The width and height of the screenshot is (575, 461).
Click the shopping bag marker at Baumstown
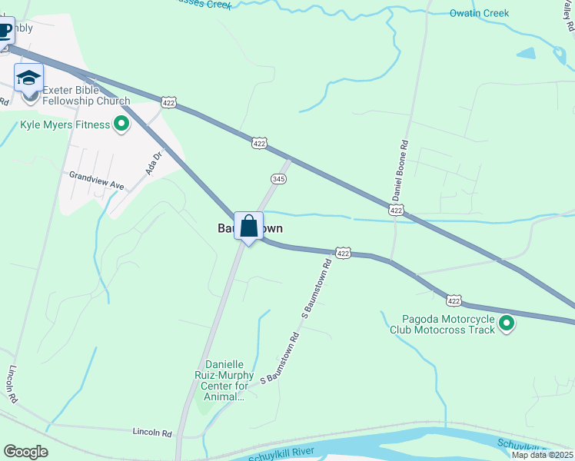[248, 227]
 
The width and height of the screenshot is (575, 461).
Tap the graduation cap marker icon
[28, 78]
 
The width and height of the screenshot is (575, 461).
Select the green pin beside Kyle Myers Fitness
[121, 123]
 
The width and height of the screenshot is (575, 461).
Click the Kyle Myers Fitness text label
[66, 123]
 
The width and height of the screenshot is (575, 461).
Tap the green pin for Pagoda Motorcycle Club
[507, 323]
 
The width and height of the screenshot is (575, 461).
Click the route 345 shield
[279, 178]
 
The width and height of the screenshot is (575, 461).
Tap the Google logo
[25, 452]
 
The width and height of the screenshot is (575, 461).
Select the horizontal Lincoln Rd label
[151, 433]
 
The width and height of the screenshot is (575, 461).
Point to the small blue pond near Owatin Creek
[526, 54]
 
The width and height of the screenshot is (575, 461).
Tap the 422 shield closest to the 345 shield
[260, 143]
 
